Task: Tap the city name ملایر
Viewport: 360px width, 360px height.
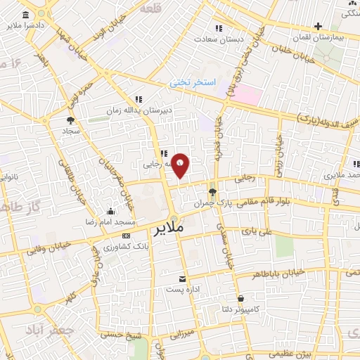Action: click(x=168, y=229)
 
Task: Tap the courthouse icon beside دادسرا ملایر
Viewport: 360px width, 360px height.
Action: click(x=26, y=15)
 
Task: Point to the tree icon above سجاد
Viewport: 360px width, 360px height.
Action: click(x=70, y=120)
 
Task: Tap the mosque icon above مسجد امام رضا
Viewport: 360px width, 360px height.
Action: click(x=110, y=212)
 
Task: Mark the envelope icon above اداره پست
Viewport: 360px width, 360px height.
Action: click(x=183, y=279)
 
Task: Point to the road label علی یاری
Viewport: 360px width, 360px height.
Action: click(x=256, y=230)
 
